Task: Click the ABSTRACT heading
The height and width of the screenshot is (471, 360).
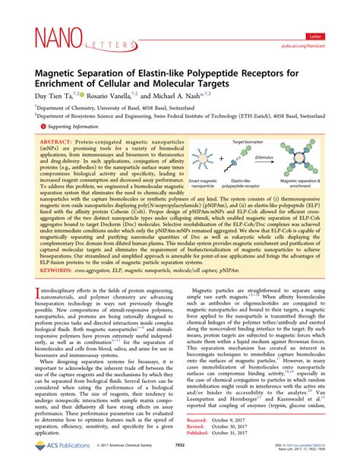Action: [x=55, y=143]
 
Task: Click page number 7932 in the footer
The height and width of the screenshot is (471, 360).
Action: [x=180, y=457]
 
